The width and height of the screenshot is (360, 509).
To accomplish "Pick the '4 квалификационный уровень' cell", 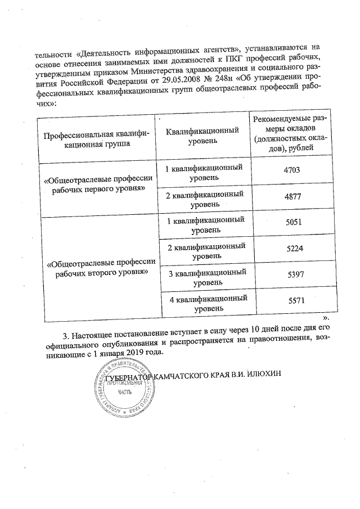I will (209, 304).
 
